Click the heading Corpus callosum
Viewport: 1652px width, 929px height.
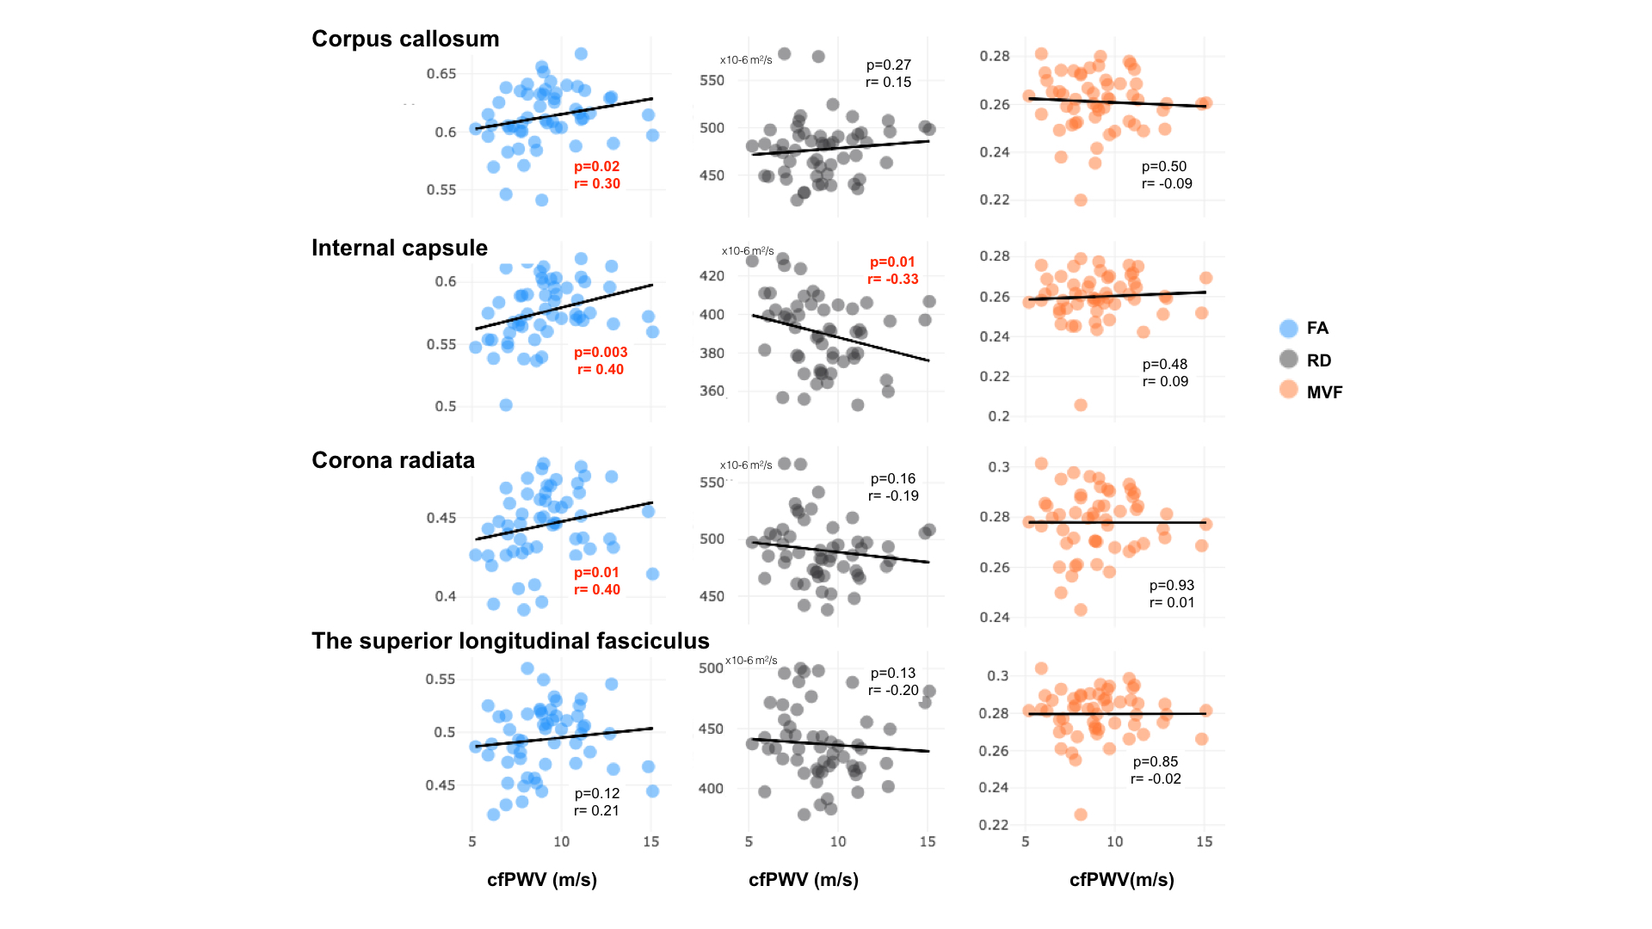(x=405, y=39)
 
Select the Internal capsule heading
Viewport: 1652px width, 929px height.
(x=399, y=248)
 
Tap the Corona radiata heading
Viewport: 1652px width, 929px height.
(x=393, y=460)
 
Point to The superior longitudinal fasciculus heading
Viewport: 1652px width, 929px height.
(x=510, y=641)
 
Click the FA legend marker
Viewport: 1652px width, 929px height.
(x=1288, y=328)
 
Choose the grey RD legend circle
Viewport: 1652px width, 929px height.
(x=1288, y=360)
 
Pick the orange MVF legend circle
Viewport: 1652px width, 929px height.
(x=1288, y=390)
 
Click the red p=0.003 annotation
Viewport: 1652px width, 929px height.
(x=601, y=352)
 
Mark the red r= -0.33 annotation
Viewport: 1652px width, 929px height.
(x=893, y=279)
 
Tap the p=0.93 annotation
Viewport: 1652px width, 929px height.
(x=1172, y=585)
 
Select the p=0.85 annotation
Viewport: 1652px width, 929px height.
(x=1156, y=761)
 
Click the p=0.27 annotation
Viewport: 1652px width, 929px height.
(x=889, y=65)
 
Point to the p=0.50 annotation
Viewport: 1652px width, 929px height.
(x=1164, y=166)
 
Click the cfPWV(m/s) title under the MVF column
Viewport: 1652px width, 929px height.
(x=1122, y=879)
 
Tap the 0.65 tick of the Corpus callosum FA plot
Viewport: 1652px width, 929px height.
(x=441, y=74)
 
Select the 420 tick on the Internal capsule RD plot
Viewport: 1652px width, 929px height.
(x=712, y=276)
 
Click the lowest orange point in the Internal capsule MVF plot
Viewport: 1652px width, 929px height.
(x=1081, y=405)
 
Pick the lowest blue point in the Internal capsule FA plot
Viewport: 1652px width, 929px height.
(x=506, y=405)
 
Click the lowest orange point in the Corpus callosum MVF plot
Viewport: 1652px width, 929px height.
(x=1081, y=200)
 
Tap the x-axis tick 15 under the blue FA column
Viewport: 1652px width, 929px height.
(x=651, y=841)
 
